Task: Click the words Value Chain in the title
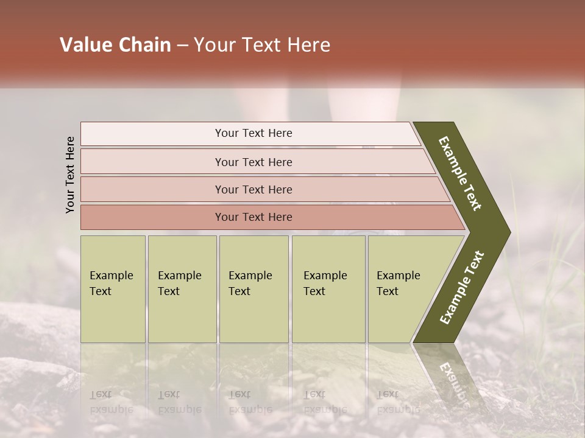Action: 115,45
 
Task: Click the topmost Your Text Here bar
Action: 253,133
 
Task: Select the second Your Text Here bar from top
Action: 253,162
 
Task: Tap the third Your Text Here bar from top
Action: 253,189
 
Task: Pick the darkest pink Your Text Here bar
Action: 253,217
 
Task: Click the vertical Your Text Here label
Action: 70,175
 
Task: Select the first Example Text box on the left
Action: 113,289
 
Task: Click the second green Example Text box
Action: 182,289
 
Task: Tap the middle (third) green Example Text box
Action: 253,289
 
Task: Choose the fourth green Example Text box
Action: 328,289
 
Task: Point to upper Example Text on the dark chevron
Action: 461,173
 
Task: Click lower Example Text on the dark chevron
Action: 462,288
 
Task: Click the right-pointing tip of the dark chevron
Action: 507,232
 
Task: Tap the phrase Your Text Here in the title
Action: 262,45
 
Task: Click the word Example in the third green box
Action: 250,276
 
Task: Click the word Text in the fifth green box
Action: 387,291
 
